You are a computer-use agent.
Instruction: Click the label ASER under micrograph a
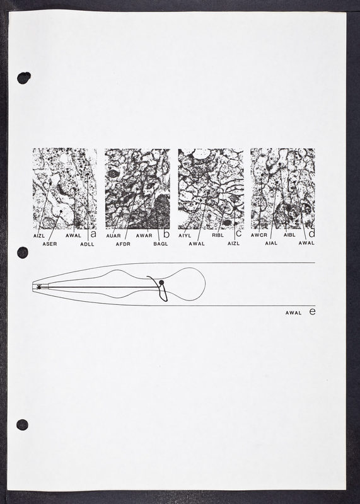(x=50, y=244)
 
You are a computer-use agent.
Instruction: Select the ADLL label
(x=87, y=244)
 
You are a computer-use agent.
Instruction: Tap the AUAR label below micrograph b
(x=113, y=236)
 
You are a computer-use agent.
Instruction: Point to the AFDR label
(x=123, y=244)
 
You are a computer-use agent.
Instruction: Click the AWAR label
(x=144, y=236)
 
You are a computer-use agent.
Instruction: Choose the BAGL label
(x=161, y=244)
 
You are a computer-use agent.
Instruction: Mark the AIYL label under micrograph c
(x=185, y=236)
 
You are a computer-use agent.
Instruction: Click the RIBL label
(x=218, y=235)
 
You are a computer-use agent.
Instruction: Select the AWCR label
(x=259, y=235)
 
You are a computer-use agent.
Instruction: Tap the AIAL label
(x=271, y=243)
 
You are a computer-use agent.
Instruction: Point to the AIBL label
(x=289, y=235)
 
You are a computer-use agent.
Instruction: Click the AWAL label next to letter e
(x=293, y=312)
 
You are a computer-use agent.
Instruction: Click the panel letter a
(x=93, y=234)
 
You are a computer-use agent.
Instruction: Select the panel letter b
(x=166, y=234)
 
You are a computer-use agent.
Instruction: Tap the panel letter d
(x=311, y=232)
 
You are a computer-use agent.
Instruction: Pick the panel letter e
(x=312, y=311)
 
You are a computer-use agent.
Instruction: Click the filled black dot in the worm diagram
(x=161, y=282)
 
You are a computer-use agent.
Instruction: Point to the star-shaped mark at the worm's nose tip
(x=39, y=287)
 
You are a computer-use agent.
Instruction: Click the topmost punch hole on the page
(x=24, y=77)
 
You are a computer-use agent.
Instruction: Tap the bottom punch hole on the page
(x=22, y=425)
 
